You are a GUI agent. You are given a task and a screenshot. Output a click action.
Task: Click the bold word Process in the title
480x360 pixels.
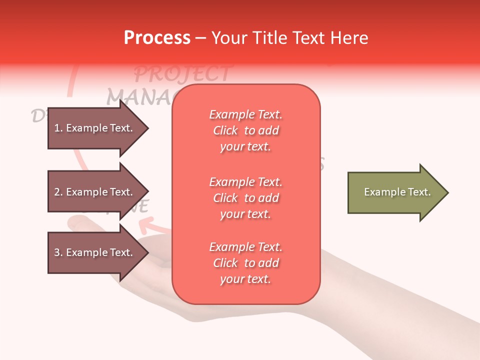(x=157, y=38)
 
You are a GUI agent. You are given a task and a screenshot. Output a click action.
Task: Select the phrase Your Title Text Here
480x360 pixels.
(x=289, y=38)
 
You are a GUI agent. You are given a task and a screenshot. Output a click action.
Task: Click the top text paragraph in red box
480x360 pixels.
(x=246, y=130)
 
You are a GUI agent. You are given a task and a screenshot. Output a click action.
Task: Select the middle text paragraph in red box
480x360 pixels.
(x=246, y=198)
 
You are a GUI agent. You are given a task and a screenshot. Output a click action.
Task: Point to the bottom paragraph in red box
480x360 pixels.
(x=246, y=263)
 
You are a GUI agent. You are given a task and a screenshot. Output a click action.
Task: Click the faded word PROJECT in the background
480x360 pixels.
(x=182, y=74)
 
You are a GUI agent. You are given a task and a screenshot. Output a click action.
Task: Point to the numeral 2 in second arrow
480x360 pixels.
(x=57, y=192)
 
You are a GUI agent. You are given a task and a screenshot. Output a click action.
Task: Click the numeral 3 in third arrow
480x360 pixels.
(x=57, y=252)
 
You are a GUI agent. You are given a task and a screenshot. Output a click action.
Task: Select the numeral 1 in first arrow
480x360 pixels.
(x=56, y=128)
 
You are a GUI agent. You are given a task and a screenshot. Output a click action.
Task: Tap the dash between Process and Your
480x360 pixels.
(x=201, y=38)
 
